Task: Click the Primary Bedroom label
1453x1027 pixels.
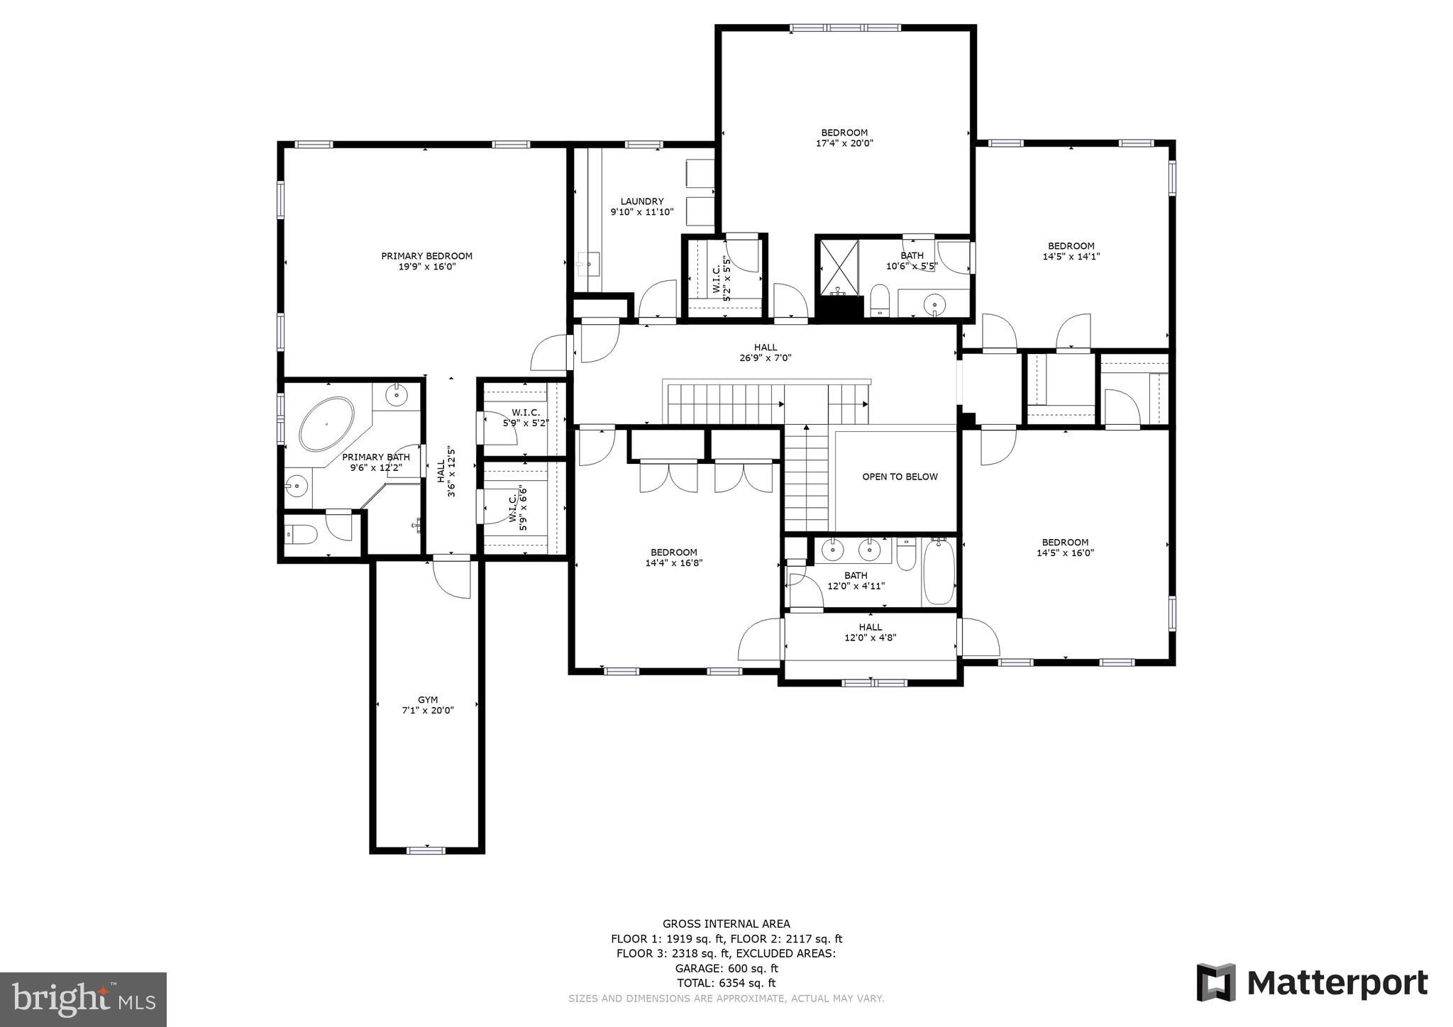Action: [426, 256]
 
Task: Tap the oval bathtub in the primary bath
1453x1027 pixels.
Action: [326, 424]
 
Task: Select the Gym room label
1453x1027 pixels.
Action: [427, 699]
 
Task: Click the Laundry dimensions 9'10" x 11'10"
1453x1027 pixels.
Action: [641, 211]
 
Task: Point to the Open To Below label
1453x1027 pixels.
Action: [900, 477]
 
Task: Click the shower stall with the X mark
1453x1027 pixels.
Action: [839, 268]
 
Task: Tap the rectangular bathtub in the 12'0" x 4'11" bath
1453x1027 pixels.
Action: [939, 572]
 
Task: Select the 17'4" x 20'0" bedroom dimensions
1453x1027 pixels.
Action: [844, 143]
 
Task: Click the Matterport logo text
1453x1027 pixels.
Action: [1337, 983]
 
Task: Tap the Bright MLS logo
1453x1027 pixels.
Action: [83, 999]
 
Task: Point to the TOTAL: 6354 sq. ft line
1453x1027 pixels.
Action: [726, 983]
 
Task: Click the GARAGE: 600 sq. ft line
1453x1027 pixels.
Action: [726, 968]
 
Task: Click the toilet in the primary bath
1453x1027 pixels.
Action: [301, 534]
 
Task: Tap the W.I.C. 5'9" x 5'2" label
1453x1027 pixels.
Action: [526, 418]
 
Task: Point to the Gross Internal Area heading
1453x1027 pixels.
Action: [726, 923]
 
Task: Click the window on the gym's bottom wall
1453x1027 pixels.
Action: [426, 850]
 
